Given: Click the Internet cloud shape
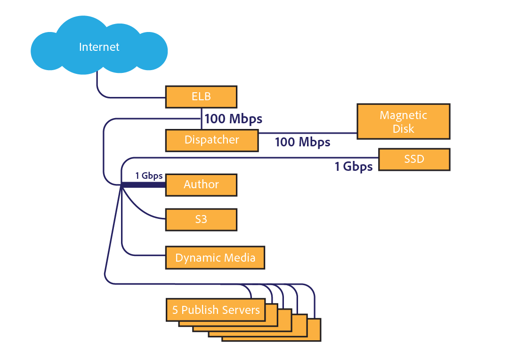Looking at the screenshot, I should click(99, 47).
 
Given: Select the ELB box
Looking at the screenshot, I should click(201, 97).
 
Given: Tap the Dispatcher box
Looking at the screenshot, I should click(212, 140).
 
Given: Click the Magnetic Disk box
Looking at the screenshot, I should click(404, 121).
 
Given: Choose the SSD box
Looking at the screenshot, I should click(414, 159).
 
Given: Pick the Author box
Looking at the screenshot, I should click(201, 184).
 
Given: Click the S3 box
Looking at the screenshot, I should click(201, 219).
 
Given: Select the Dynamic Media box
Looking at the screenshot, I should click(215, 258).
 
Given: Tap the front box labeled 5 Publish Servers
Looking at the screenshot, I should click(216, 310).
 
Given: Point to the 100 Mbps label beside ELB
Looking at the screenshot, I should click(233, 119).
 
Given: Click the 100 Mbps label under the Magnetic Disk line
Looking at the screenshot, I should click(302, 142).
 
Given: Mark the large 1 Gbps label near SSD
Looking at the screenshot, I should click(354, 167).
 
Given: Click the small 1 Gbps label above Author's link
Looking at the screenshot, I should click(149, 176).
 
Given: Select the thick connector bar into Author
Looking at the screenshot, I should click(144, 184).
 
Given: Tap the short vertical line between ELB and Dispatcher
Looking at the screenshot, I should click(202, 119).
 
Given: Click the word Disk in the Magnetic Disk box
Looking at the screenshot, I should click(404, 128).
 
